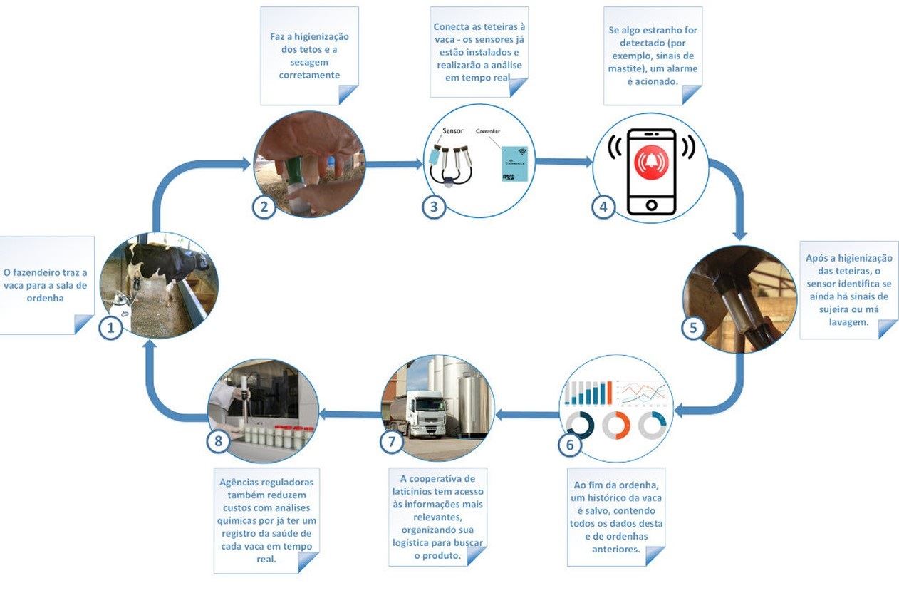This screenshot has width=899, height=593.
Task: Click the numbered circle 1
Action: (x=110, y=328)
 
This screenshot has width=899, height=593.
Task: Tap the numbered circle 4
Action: (x=603, y=207)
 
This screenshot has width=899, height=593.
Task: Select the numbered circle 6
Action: (x=568, y=445)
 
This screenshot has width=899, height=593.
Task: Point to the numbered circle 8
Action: (x=219, y=441)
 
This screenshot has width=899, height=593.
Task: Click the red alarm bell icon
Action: (x=650, y=162)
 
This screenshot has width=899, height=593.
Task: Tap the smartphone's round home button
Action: (x=650, y=205)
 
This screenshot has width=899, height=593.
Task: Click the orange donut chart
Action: (x=615, y=426)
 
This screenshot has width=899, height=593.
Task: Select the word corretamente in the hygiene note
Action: (x=309, y=75)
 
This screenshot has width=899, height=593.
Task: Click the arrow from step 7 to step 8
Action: (x=349, y=413)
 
